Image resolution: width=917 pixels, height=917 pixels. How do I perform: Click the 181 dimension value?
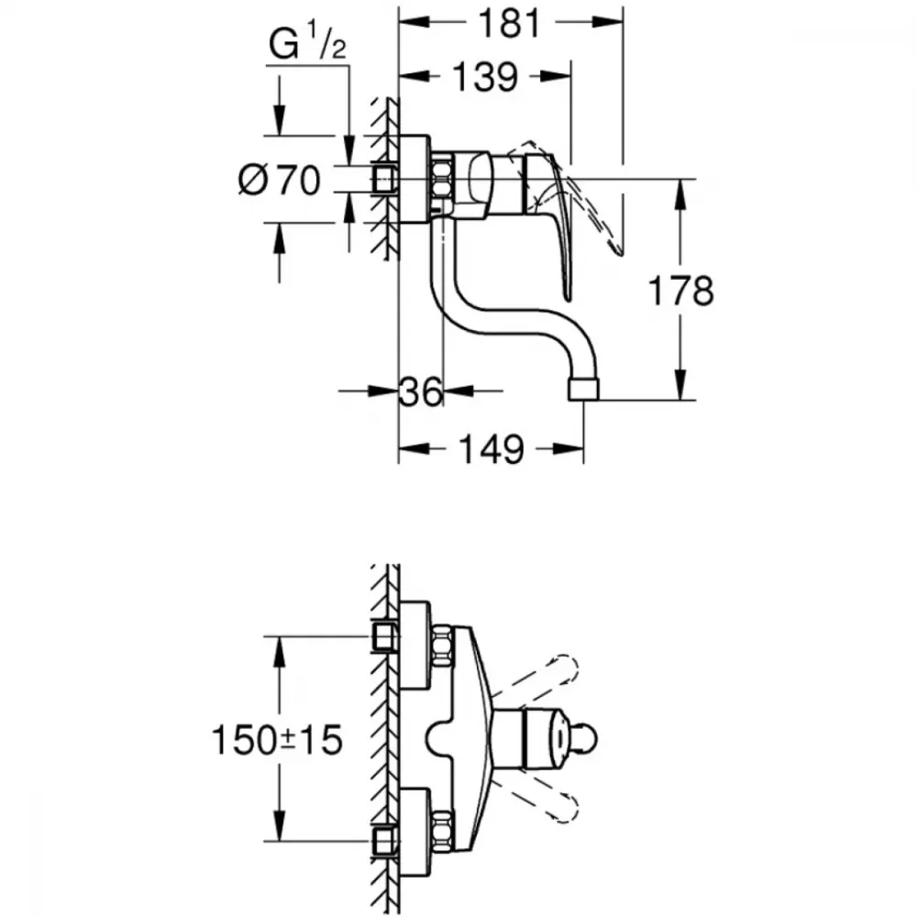(x=509, y=24)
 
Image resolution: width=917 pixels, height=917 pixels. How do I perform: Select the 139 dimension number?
(x=485, y=77)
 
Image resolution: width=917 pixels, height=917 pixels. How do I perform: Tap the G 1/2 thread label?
(x=307, y=43)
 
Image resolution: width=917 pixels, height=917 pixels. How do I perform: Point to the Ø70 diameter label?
(x=280, y=180)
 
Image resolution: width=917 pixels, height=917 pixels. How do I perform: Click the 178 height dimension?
(x=681, y=291)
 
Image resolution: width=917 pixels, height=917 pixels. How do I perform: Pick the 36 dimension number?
(x=421, y=392)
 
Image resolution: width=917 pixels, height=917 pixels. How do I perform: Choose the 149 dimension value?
(x=491, y=449)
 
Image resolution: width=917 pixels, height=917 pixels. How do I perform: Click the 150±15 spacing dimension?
(x=277, y=740)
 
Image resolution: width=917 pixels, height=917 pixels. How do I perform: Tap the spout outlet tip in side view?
(x=584, y=390)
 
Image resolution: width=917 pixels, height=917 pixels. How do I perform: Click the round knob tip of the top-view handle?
(x=587, y=740)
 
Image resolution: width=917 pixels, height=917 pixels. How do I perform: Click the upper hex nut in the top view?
(x=442, y=646)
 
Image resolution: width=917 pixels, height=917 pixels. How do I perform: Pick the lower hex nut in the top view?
(x=442, y=832)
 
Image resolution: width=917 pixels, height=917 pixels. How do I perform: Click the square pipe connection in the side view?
(x=385, y=179)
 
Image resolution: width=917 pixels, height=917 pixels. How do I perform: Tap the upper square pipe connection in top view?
(x=385, y=636)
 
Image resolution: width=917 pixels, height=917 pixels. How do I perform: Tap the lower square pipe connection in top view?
(x=385, y=841)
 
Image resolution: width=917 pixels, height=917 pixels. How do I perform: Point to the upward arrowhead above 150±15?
(x=280, y=651)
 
